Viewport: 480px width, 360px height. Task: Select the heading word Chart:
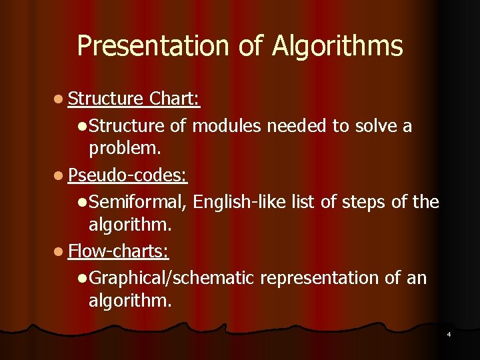[x=175, y=99]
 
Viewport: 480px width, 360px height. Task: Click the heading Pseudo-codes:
[x=127, y=175]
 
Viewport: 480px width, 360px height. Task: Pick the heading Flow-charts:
[x=119, y=251]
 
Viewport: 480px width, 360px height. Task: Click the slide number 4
[x=449, y=333]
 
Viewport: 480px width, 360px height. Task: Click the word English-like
[x=241, y=201]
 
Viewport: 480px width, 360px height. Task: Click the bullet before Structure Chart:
[x=59, y=100]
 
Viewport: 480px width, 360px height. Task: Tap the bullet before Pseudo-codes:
[x=59, y=176]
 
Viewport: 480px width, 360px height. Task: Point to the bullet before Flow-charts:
[x=59, y=252]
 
